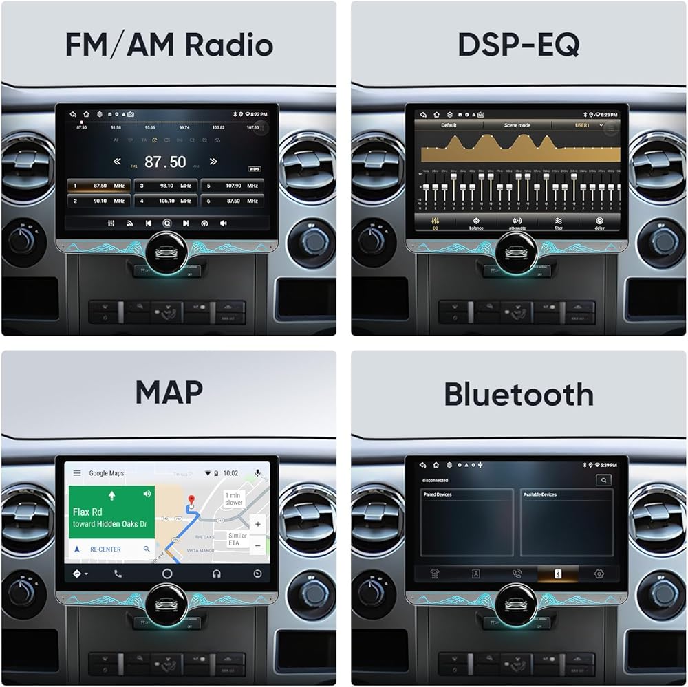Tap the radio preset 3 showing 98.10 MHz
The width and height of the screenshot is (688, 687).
165,186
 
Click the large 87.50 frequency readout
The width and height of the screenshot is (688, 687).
165,162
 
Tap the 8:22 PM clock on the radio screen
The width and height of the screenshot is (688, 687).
259,114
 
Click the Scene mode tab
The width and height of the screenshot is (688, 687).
517,126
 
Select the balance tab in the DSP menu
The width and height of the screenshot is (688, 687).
476,223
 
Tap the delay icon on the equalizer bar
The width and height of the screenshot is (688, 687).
599,223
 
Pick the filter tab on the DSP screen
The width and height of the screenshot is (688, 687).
558,223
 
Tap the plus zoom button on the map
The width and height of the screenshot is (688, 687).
257,524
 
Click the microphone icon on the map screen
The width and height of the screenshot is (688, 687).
257,473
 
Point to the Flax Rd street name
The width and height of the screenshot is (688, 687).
87,512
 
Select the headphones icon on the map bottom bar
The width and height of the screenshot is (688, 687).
217,574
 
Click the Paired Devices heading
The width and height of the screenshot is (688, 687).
438,494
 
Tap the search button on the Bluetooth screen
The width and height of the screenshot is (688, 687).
603,480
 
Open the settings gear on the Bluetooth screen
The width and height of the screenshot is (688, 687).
599,574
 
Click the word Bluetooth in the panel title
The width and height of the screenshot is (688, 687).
518,394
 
